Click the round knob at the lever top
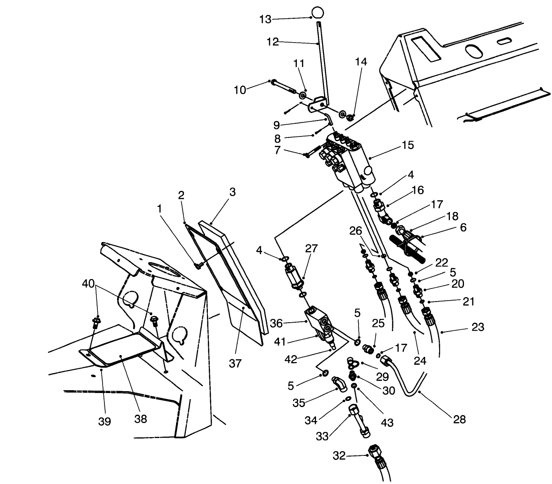click(x=317, y=11)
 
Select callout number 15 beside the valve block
click(x=407, y=145)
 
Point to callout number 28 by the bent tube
click(x=459, y=419)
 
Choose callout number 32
click(x=339, y=455)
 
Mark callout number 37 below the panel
click(x=236, y=363)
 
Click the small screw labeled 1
click(x=197, y=266)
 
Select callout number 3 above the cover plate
click(x=232, y=192)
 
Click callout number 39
click(x=104, y=421)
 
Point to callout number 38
click(x=140, y=419)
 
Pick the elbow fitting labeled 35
click(x=339, y=384)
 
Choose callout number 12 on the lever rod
click(x=272, y=42)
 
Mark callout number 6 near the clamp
click(x=463, y=227)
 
